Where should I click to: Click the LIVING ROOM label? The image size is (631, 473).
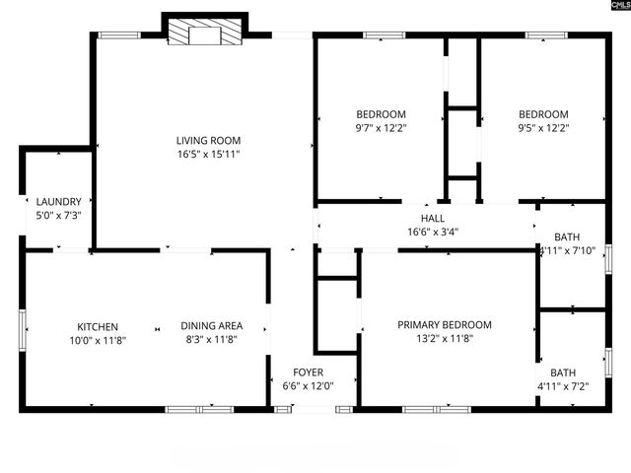(208, 141)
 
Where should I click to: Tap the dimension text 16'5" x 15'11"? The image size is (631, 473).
(208, 155)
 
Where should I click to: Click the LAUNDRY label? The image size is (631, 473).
(58, 202)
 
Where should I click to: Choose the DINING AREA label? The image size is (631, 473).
(211, 326)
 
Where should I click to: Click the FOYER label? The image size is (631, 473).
(308, 372)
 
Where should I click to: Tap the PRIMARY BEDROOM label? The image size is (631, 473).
(444, 325)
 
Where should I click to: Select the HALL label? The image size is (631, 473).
(432, 219)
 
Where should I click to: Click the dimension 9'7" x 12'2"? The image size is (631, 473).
(381, 127)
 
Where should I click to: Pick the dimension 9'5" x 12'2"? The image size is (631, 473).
(543, 127)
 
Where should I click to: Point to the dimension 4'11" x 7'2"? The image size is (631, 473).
(563, 386)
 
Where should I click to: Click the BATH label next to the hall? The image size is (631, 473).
(567, 237)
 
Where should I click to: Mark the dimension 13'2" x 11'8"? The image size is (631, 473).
(444, 339)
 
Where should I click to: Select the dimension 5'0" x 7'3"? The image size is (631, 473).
(58, 216)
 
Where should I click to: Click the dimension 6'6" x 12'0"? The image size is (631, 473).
(308, 386)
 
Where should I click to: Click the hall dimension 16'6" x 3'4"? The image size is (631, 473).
(432, 233)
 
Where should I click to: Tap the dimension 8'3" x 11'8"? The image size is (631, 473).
(211, 340)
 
